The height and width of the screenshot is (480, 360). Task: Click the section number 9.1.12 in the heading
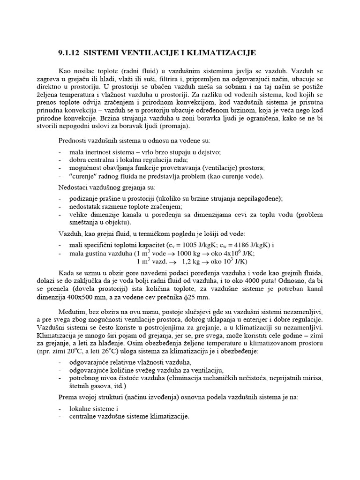click(71, 52)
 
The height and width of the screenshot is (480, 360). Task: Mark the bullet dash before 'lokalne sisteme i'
click(60, 408)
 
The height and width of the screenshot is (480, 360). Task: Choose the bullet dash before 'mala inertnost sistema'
click(60, 152)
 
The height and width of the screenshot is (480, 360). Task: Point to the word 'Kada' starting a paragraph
click(67, 273)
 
